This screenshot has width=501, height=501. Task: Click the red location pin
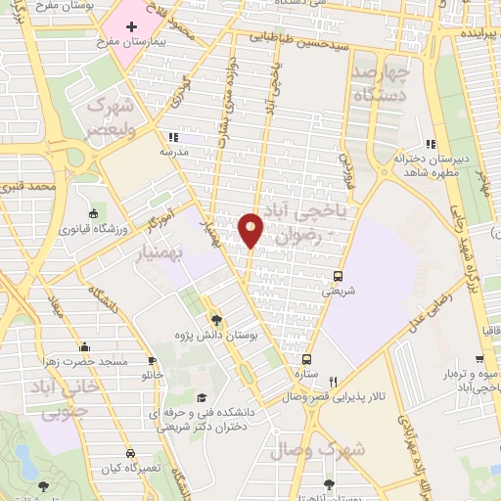coord(251,228)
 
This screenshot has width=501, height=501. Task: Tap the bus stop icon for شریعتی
coord(339,276)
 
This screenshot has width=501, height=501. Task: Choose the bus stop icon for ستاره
coord(306,359)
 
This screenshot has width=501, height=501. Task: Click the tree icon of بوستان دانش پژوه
coord(216,319)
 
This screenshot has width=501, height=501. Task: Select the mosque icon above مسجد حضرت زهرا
coord(85,346)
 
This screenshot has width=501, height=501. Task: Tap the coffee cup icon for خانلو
coord(151,359)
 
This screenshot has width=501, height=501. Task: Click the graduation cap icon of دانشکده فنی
coord(202,397)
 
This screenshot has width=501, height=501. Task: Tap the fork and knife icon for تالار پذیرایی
coord(333,382)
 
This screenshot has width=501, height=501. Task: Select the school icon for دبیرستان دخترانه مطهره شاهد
coord(430,145)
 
